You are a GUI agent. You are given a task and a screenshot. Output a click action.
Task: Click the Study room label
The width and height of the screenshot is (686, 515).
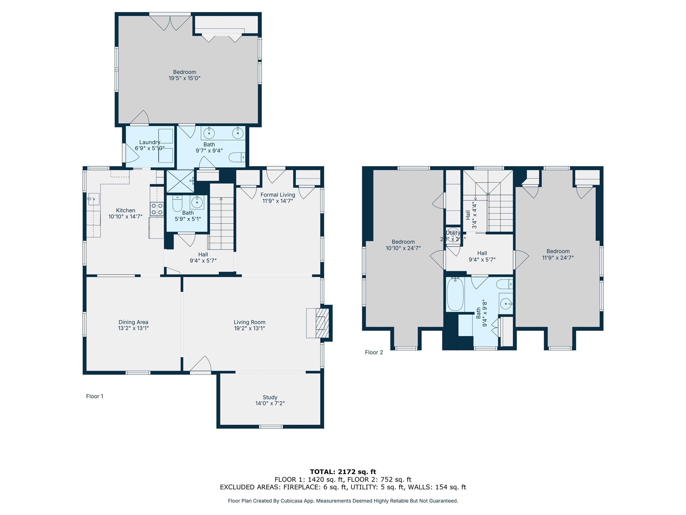point(270,397)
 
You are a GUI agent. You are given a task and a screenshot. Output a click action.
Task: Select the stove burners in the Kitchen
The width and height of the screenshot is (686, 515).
point(157,209)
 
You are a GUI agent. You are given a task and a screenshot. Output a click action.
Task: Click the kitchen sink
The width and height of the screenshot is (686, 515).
point(93,199)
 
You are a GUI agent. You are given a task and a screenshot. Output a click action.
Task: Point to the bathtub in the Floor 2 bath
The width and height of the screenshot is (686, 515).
point(455,294)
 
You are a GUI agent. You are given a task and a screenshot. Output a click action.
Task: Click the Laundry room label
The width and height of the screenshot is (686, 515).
point(149,142)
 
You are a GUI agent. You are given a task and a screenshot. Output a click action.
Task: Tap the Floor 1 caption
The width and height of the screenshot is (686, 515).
point(94,396)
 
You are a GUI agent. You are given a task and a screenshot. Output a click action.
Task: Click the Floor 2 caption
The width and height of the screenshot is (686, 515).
point(373,352)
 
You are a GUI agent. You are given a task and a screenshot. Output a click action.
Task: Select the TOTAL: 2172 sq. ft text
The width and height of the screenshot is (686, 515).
point(343,472)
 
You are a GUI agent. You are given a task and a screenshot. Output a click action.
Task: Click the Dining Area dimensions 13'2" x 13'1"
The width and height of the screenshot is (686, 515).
point(133,328)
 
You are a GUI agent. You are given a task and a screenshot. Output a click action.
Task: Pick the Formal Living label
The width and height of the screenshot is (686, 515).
point(278,195)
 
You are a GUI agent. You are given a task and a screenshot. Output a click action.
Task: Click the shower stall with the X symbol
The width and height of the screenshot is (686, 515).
point(180,181)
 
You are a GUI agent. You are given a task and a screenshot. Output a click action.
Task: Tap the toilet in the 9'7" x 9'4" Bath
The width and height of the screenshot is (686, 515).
point(237,157)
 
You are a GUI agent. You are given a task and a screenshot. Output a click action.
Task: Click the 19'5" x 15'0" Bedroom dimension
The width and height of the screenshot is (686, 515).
point(184,78)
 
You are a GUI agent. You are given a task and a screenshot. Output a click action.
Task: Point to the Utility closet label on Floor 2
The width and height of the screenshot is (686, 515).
point(453,233)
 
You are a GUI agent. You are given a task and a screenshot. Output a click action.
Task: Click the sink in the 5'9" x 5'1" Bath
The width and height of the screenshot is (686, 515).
point(197,202)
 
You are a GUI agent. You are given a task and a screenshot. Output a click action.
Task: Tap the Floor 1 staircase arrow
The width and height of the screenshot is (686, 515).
point(221,199)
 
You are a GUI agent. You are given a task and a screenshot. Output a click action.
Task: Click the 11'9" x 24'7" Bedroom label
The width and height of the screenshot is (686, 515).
point(558,251)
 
